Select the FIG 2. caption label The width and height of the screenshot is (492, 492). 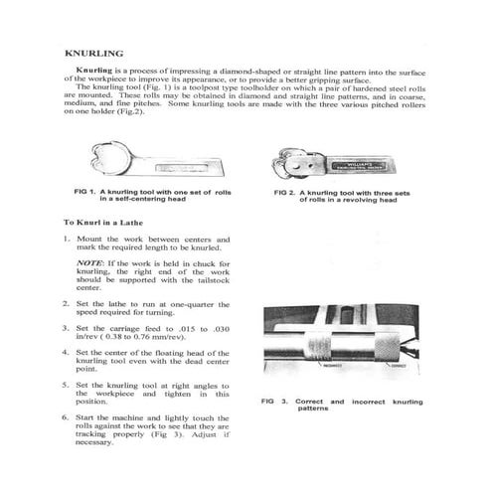point(291,191)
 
